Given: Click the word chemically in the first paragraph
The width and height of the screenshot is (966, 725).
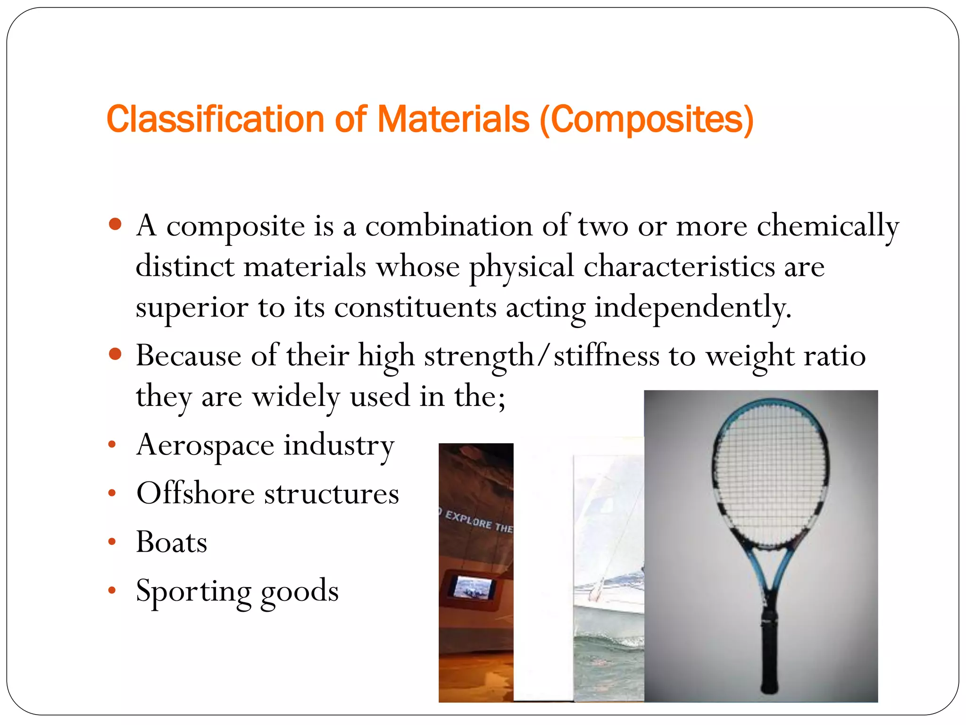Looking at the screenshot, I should [x=828, y=227].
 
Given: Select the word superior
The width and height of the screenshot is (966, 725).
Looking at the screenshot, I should [x=192, y=308].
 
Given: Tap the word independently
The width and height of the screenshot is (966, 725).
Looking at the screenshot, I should [x=692, y=308].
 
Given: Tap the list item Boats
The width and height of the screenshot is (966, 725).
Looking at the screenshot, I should [x=172, y=542].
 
